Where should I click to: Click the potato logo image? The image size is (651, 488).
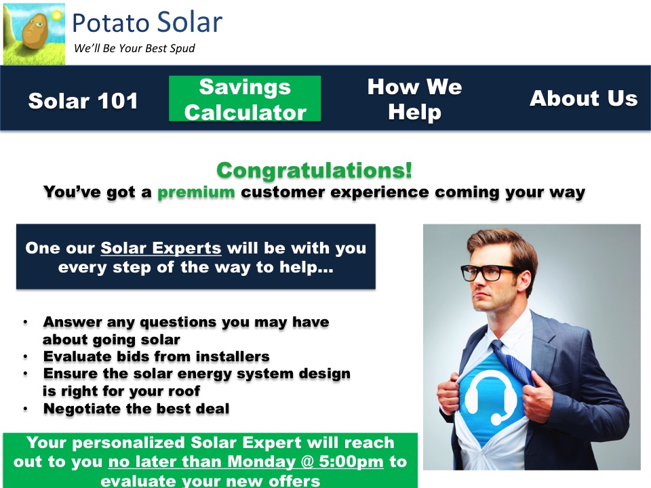click(x=34, y=34)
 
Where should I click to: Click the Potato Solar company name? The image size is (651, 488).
click(x=147, y=22)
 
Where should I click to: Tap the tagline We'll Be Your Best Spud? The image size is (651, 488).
click(x=134, y=49)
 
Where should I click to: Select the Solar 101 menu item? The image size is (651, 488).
click(x=83, y=101)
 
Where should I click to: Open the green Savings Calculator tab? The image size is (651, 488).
click(x=245, y=99)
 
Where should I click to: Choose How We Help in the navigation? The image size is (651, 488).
click(x=414, y=99)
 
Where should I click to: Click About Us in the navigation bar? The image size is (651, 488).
click(x=583, y=98)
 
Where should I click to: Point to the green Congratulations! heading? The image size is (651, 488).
click(x=314, y=170)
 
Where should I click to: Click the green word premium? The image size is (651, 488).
click(x=196, y=192)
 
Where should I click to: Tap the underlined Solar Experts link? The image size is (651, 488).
click(x=161, y=248)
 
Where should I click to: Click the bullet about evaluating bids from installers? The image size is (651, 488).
click(x=157, y=357)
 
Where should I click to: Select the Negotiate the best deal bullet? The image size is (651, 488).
click(x=136, y=409)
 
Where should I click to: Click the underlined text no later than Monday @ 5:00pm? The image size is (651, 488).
click(x=245, y=462)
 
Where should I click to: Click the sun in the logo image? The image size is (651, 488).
click(x=57, y=16)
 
